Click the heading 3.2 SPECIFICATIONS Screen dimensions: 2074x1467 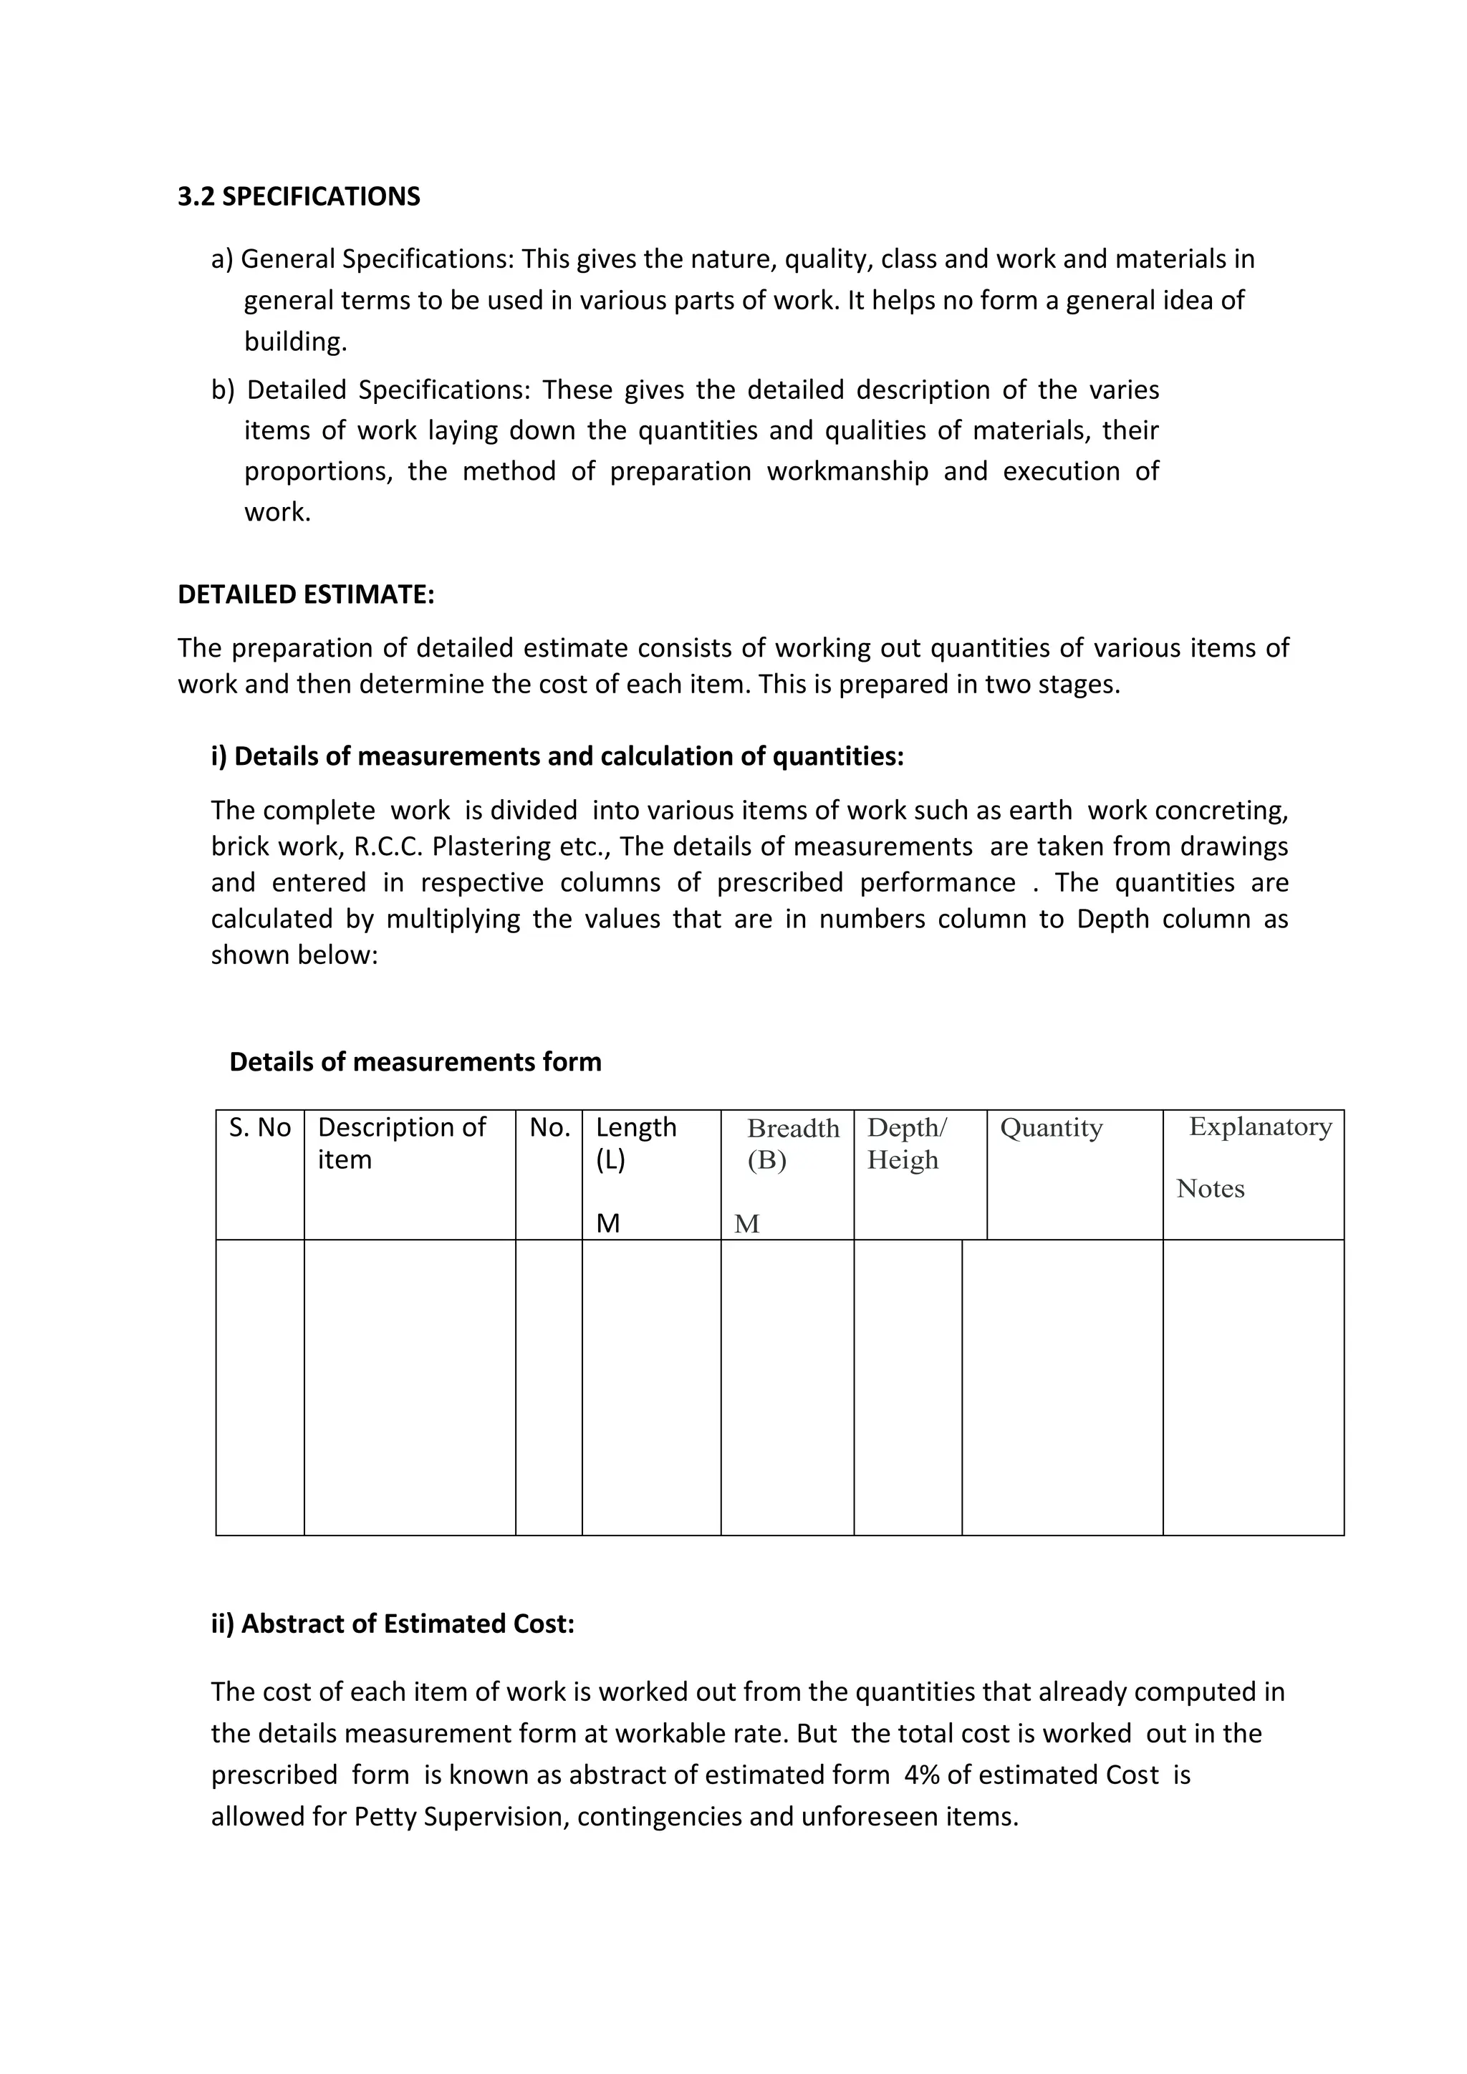298,197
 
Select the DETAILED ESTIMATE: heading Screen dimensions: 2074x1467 305,594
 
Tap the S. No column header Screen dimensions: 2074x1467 260,1127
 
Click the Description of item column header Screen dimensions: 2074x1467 401,1143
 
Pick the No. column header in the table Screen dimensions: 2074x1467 549,1127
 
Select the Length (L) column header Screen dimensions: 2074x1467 635,1143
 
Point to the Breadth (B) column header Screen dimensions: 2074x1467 792,1144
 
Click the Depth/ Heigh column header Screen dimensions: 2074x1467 906,1144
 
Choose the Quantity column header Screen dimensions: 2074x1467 1052,1127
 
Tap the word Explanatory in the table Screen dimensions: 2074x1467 1260,1127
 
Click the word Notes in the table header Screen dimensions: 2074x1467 1210,1189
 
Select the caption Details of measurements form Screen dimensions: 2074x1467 415,1061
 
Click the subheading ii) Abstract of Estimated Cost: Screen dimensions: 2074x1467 392,1624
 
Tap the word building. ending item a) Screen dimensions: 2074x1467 295,342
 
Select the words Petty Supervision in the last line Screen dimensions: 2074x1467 461,1817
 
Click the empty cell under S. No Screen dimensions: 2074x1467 260,1386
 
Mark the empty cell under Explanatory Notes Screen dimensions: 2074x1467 1253,1386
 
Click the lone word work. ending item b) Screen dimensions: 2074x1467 277,512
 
